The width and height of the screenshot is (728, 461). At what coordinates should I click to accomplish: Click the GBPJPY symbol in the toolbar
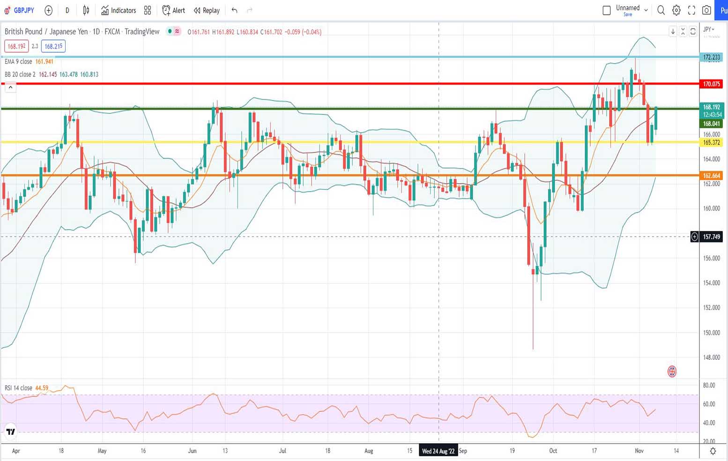(x=23, y=10)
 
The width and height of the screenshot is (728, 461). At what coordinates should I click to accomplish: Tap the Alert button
(x=173, y=10)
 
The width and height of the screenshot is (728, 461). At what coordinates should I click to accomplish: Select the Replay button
(x=207, y=10)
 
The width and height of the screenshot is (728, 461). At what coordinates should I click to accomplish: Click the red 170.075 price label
(x=711, y=84)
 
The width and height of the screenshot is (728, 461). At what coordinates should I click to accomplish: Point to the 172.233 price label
(x=711, y=57)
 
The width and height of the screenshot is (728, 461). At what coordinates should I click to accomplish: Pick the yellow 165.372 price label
(x=711, y=142)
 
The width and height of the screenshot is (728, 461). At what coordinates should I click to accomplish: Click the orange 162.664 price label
(x=711, y=176)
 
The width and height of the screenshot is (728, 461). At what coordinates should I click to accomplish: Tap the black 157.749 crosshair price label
(x=711, y=237)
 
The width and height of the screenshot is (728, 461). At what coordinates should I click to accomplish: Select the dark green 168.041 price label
(x=711, y=124)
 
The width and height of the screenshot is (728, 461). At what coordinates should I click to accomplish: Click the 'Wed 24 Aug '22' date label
(x=438, y=451)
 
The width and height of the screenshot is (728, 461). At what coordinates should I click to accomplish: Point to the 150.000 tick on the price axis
(x=711, y=333)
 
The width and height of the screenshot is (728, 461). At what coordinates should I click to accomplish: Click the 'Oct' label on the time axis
(x=553, y=451)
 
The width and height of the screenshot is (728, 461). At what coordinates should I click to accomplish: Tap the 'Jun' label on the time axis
(x=192, y=451)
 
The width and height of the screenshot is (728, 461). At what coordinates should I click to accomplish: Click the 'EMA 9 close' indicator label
(x=18, y=61)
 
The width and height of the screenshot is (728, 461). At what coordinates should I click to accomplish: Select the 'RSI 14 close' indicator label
(x=18, y=388)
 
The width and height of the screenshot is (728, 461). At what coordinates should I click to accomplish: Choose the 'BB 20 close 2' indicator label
(x=20, y=74)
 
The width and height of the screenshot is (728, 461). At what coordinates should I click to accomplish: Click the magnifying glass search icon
(x=661, y=10)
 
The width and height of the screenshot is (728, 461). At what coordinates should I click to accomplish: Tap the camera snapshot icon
(x=706, y=10)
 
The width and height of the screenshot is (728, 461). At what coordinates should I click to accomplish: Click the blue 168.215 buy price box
(x=53, y=46)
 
